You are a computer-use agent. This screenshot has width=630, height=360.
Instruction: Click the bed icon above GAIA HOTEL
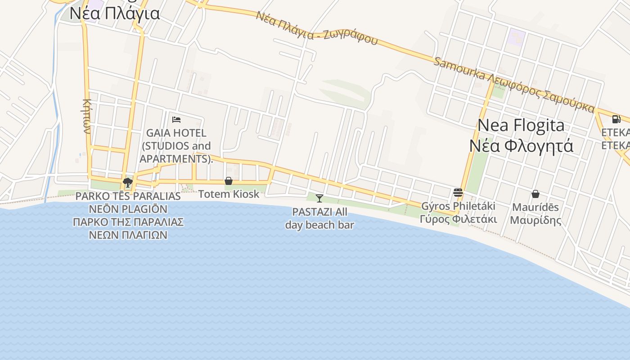pos(176,119)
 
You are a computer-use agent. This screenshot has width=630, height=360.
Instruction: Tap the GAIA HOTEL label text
pos(176,133)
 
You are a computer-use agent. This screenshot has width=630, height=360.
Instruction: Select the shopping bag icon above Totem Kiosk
pos(229,181)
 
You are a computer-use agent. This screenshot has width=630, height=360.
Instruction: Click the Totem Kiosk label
pos(229,194)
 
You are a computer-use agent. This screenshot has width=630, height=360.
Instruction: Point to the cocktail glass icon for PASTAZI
pos(319,198)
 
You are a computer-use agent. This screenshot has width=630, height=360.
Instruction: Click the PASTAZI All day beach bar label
pos(319,218)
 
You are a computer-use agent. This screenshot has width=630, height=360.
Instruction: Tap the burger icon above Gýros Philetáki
pos(458,193)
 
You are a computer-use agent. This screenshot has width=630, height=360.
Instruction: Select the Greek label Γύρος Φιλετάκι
pos(458,219)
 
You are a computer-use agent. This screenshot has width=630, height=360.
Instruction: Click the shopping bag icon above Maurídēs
pos(535,194)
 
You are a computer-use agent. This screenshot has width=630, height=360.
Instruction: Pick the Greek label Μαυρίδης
pos(535,220)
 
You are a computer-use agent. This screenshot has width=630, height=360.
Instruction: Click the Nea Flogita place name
pos(521,125)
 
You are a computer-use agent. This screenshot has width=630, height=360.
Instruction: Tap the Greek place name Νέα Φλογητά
pos(521,146)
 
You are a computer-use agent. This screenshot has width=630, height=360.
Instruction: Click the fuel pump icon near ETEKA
pos(616,119)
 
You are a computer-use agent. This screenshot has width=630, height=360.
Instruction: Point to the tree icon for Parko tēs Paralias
pos(128,182)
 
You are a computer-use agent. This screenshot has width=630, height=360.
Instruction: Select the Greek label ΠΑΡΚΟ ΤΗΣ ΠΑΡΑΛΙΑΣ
pos(128,222)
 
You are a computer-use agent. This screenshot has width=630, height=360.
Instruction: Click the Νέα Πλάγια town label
pos(115,13)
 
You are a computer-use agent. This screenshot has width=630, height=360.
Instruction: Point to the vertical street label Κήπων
pos(87,116)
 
